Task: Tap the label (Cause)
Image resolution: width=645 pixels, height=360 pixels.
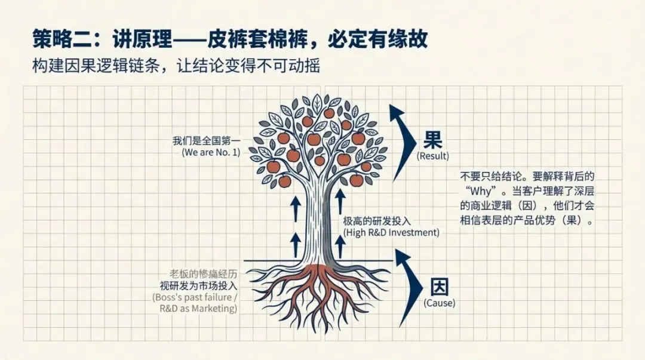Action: click(x=439, y=303)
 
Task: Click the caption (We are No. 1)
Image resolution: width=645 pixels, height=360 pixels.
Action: click(x=211, y=152)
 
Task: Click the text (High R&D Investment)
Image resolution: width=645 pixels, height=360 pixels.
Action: click(x=391, y=233)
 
